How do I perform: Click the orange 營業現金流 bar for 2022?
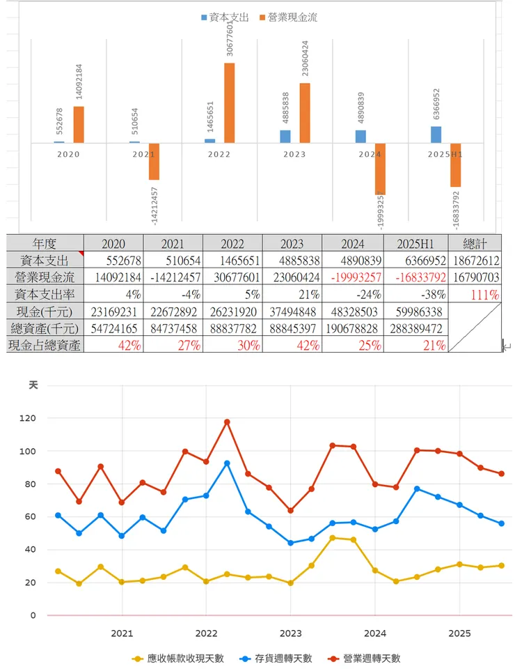coord(229,102)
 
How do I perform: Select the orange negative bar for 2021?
coord(154,161)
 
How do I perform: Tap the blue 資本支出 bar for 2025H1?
coord(436,134)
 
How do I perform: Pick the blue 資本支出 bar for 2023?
coord(285,137)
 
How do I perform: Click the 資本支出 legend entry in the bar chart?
coord(225,17)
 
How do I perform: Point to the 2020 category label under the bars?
coord(68,154)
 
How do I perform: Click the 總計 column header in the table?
coord(474,243)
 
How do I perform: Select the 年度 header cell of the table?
coord(45,243)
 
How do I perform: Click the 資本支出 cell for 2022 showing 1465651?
coord(232,260)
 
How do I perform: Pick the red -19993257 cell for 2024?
coord(352,277)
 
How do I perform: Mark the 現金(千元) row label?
coord(45,311)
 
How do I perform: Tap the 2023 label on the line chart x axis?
coord(290,633)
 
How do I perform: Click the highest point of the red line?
coord(227,422)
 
